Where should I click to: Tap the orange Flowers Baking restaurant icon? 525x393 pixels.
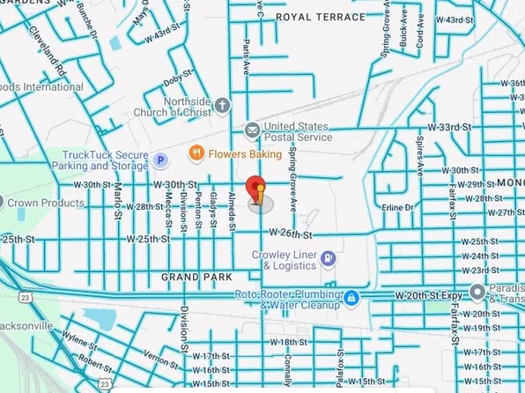click(x=198, y=153)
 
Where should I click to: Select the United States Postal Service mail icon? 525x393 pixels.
click(x=253, y=130)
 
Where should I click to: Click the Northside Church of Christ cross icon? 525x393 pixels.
click(x=221, y=105)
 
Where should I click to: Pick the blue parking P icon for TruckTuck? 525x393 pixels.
click(x=160, y=159)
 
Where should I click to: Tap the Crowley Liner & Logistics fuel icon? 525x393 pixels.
click(x=328, y=258)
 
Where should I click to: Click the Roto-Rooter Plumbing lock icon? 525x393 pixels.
click(x=351, y=297)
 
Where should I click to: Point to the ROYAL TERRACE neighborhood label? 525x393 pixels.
click(x=321, y=17)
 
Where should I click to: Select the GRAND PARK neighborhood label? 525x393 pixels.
click(x=196, y=277)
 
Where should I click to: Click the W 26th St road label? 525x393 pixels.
click(x=292, y=234)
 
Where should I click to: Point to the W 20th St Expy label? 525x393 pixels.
click(x=430, y=294)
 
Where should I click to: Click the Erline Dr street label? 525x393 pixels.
click(x=398, y=207)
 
